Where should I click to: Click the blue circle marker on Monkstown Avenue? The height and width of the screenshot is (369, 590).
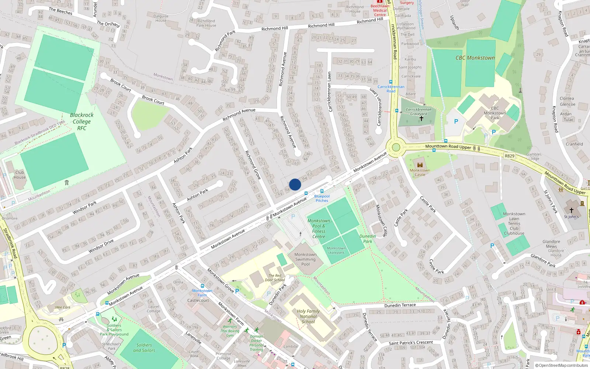pyautogui.click(x=295, y=184)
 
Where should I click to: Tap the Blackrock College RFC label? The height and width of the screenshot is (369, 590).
pyautogui.click(x=81, y=121)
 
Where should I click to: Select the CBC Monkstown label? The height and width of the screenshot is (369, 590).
pyautogui.click(x=475, y=58)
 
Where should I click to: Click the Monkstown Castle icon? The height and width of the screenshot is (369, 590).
pyautogui.click(x=420, y=165)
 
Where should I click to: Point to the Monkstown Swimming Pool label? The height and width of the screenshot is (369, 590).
pyautogui.click(x=305, y=259)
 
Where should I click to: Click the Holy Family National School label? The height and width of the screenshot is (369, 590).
pyautogui.click(x=308, y=316)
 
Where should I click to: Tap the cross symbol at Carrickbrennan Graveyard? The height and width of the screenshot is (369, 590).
pyautogui.click(x=421, y=118)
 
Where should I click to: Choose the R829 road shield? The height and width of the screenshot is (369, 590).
pyautogui.click(x=509, y=156)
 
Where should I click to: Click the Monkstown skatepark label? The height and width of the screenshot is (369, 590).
pyautogui.click(x=336, y=251)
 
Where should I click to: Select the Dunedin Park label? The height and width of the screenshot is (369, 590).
pyautogui.click(x=368, y=239)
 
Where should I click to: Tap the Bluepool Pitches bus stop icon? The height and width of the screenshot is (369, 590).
pyautogui.click(x=322, y=191)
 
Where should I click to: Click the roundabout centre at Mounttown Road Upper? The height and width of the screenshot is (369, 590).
pyautogui.click(x=396, y=148)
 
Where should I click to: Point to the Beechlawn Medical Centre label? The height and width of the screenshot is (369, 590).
pyautogui.click(x=380, y=10)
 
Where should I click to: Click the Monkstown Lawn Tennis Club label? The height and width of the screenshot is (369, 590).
pyautogui.click(x=514, y=224)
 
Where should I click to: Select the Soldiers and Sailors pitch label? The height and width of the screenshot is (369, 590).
pyautogui.click(x=144, y=348)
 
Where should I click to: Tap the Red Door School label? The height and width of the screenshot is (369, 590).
pyautogui.click(x=275, y=277)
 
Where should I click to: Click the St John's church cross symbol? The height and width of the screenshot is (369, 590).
pyautogui.click(x=571, y=210)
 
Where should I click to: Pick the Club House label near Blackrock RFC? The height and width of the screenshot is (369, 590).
pyautogui.click(x=20, y=175)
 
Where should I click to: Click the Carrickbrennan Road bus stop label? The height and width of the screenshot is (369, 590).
pyautogui.click(x=391, y=89)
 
